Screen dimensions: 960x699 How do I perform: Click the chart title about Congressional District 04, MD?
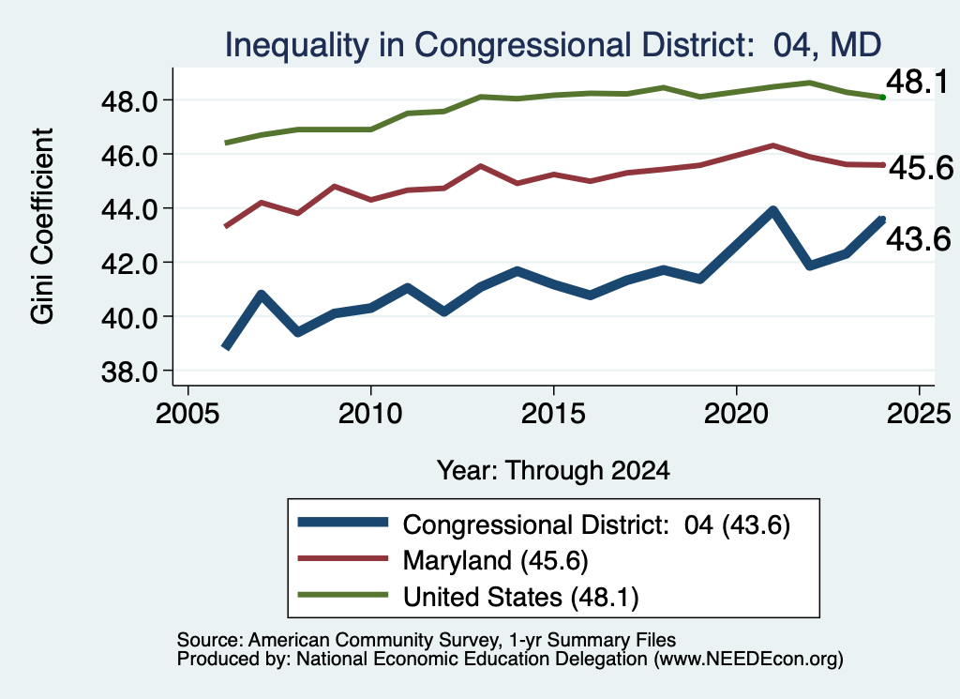(553, 45)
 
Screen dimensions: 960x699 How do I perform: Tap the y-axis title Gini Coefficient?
(42, 226)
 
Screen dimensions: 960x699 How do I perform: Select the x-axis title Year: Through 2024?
(553, 470)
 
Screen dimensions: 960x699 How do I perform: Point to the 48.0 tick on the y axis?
(129, 101)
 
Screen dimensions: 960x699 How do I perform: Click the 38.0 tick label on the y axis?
(129, 372)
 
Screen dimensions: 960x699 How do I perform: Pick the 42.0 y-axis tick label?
(129, 264)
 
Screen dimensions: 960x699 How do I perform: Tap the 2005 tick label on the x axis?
(187, 414)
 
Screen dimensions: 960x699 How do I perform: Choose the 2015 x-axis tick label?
(553, 414)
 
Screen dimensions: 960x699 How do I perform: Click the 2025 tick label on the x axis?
(919, 414)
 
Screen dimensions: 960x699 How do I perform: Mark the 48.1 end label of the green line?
(917, 82)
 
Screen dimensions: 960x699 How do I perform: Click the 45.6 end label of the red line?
(921, 168)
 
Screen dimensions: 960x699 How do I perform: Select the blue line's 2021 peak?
(772, 211)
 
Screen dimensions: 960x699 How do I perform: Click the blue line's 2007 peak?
(262, 295)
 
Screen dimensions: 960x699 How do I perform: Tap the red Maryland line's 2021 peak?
(772, 145)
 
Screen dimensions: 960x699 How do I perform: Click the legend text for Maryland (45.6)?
(495, 560)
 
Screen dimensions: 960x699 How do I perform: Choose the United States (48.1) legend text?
(520, 597)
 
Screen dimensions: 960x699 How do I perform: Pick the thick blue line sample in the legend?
(343, 523)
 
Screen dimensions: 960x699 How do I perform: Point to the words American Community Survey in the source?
(373, 640)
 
